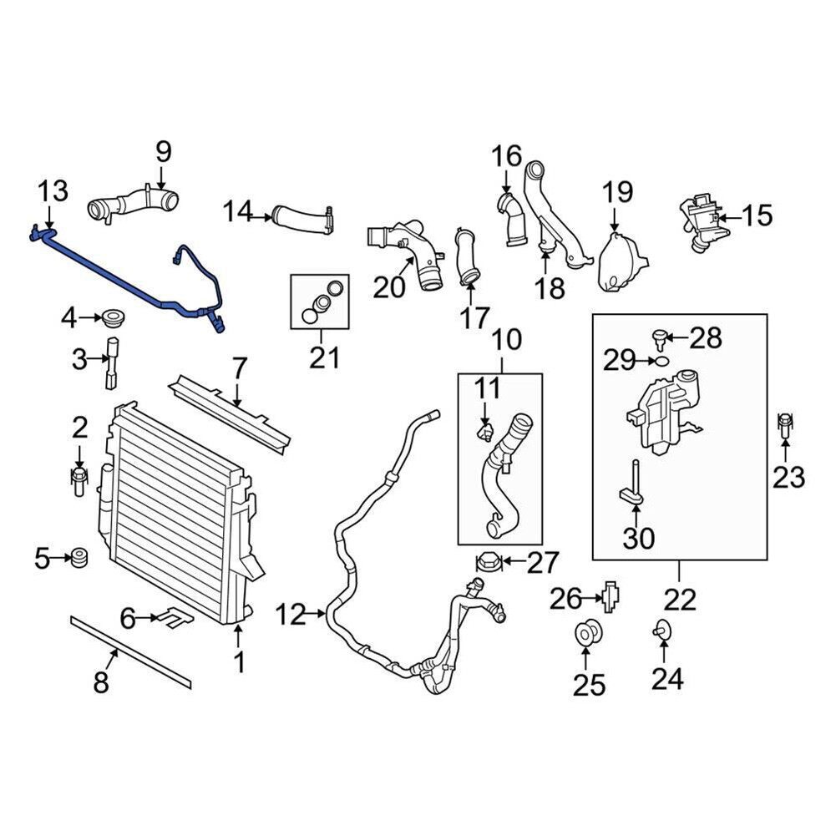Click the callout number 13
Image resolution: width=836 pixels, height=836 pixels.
click(52, 191)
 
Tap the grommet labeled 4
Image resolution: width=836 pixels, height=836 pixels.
click(111, 317)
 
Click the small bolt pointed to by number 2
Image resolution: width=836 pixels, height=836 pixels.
click(79, 480)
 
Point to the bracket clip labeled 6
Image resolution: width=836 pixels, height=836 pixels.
click(176, 618)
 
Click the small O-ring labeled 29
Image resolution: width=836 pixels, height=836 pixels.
click(660, 361)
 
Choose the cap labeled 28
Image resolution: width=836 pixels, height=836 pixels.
click(660, 337)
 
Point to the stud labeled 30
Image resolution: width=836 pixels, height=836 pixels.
click(634, 489)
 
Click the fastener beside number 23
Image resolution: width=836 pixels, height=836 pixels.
click(785, 427)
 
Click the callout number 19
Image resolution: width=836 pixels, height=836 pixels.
click(619, 193)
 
